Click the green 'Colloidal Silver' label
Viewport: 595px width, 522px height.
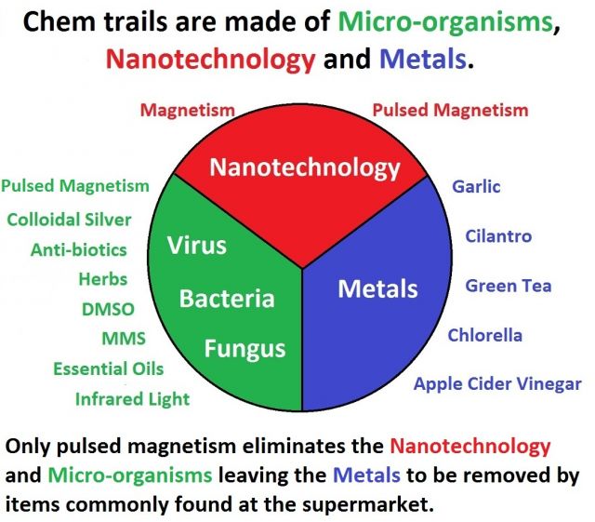[69, 220]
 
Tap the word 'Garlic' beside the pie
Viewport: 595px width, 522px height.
[476, 187]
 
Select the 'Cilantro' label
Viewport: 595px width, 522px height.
[498, 236]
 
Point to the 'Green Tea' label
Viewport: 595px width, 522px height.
[509, 286]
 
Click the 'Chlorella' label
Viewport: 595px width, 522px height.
[485, 335]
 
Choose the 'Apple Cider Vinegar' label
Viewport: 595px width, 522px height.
[497, 384]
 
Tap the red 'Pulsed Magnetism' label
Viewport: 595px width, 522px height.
[450, 110]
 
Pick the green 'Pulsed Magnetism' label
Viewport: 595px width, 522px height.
[75, 186]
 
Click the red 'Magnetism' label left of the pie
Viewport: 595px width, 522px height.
[188, 111]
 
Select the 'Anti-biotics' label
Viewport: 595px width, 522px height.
[78, 250]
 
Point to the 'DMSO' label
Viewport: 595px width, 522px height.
[108, 309]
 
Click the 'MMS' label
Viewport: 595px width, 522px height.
[124, 339]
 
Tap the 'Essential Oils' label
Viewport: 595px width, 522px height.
[109, 368]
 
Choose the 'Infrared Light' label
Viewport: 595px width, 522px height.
[132, 399]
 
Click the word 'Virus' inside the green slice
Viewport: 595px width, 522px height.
[196, 246]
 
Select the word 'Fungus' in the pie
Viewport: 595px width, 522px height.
[245, 349]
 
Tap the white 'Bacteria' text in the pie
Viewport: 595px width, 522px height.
[227, 299]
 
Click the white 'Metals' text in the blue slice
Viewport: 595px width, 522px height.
[377, 288]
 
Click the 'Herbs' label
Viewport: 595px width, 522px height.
[103, 279]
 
